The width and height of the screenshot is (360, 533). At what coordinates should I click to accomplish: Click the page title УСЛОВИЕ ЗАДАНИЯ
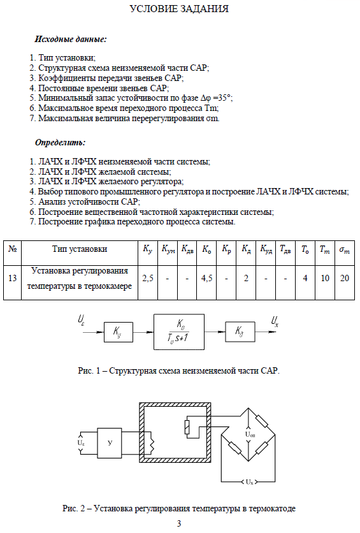[179, 9]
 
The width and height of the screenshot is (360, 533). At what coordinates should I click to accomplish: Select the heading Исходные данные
[71, 39]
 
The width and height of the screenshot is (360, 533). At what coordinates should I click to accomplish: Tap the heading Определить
[60, 142]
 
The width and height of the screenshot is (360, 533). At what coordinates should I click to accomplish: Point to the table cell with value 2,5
[148, 279]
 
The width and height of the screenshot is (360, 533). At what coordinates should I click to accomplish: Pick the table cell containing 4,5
[206, 279]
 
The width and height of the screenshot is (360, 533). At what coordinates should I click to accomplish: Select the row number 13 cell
[12, 279]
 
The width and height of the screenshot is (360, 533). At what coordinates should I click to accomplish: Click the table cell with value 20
[345, 279]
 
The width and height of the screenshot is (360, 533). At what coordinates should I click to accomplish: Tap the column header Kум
[168, 249]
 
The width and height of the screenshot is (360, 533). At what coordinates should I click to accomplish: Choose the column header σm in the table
[344, 250]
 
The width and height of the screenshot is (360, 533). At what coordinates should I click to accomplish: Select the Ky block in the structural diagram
[118, 332]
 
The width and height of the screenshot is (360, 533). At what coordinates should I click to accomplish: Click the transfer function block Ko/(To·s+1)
[179, 332]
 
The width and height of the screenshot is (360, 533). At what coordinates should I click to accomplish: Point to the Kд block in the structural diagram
[240, 332]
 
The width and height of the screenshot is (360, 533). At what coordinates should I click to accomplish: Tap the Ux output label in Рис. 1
[275, 321]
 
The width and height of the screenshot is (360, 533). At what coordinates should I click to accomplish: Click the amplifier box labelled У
[110, 442]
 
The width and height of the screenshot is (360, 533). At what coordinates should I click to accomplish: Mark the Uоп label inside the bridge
[250, 434]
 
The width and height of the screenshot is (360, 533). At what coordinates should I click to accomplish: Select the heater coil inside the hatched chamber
[152, 443]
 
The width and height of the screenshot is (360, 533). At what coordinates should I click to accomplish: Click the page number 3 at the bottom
[179, 523]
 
